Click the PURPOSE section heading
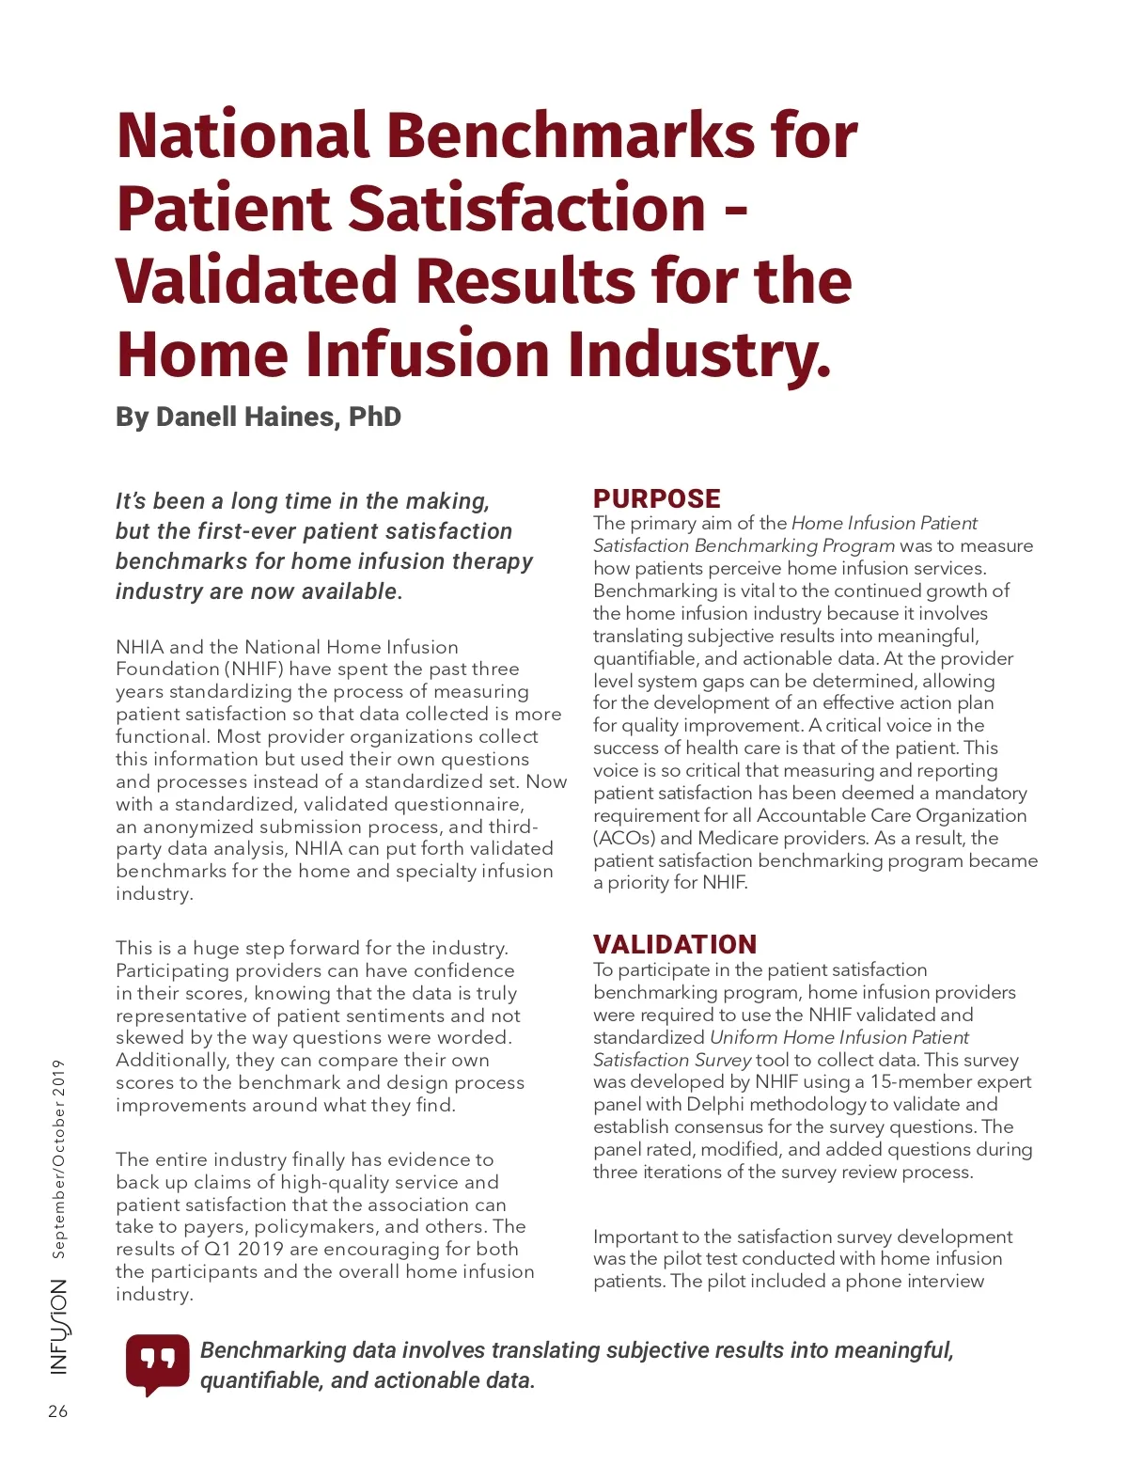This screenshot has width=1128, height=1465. click(656, 498)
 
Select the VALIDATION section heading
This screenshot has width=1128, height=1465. click(674, 944)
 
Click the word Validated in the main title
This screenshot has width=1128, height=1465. click(257, 281)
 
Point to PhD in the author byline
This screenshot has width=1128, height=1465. click(375, 417)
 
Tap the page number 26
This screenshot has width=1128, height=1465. click(58, 1411)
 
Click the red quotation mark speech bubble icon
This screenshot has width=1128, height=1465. click(158, 1363)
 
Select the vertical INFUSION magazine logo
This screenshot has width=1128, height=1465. click(59, 1327)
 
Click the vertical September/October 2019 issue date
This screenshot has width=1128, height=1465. click(59, 1158)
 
